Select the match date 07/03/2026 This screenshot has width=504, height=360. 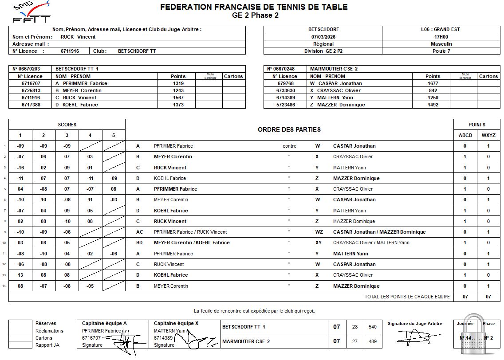[323, 37]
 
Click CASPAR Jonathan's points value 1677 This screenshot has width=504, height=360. [433, 83]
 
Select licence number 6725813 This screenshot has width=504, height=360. [31, 90]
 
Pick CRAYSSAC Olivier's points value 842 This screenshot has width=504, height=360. [433, 90]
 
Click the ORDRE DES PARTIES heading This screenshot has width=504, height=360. [289, 129]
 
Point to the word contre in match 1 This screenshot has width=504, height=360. [289, 146]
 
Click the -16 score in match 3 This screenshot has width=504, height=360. [20, 168]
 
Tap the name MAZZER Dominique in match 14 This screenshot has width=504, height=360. [356, 286]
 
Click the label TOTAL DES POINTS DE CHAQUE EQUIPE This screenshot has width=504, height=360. [407, 297]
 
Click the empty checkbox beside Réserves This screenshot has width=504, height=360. [20, 324]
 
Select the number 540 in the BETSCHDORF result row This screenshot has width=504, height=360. [372, 327]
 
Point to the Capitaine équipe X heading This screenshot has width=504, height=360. [176, 323]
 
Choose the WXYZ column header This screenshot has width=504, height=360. [488, 135]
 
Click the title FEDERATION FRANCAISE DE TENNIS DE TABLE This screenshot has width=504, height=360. [254, 7]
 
